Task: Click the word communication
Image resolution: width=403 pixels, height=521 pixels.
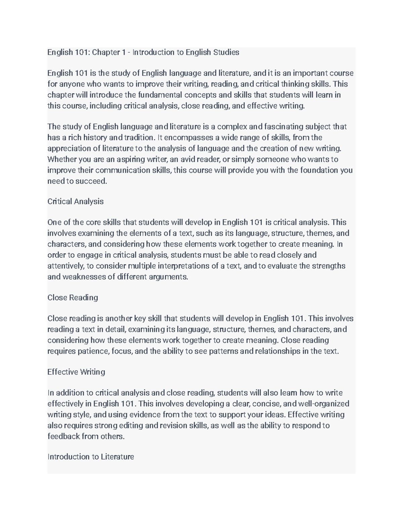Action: click(121, 170)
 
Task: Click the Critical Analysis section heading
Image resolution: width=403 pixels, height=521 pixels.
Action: click(76, 202)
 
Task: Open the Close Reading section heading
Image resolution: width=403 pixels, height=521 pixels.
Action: click(73, 298)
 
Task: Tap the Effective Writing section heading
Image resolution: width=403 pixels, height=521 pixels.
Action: click(76, 372)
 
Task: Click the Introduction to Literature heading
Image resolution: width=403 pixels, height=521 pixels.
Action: click(91, 457)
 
